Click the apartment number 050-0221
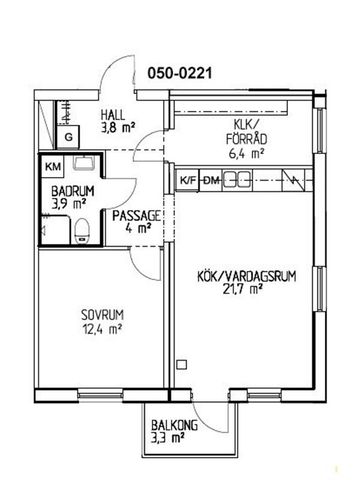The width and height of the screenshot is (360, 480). [x=181, y=73]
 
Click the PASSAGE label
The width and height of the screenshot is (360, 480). [x=133, y=214]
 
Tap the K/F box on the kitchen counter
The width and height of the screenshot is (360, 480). [x=187, y=181]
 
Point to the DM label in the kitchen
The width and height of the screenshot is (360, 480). [x=211, y=181]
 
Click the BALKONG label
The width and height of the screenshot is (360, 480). [x=171, y=423]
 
